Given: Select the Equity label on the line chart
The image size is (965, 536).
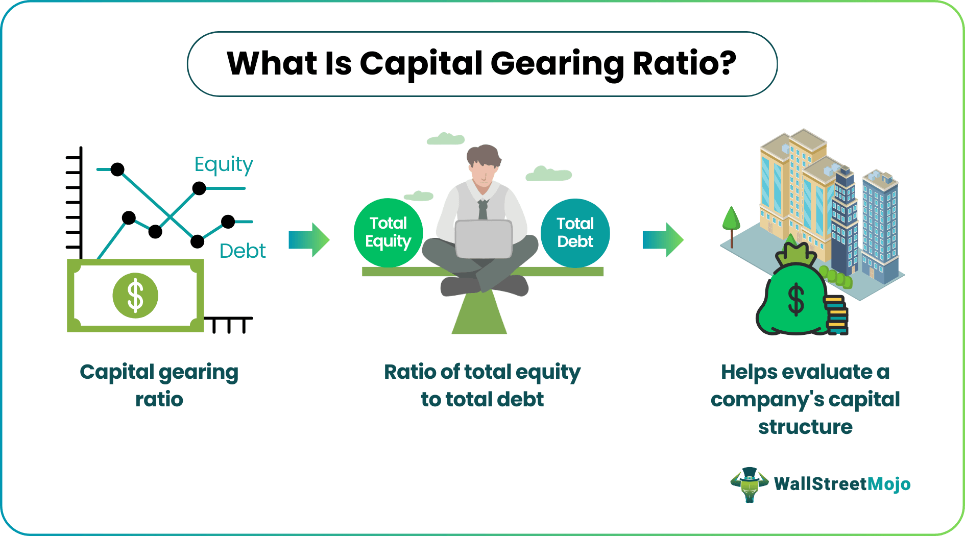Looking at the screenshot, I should tap(224, 164).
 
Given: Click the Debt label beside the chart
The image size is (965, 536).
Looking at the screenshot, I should tap(243, 251).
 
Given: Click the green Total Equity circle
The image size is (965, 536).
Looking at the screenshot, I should tap(388, 232).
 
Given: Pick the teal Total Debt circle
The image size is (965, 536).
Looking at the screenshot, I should tap(575, 233).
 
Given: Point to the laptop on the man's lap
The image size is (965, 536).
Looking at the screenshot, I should tap(483, 239).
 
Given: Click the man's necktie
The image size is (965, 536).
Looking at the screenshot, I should tap(482, 209).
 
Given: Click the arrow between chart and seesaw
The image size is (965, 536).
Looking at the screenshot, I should tap(309, 239).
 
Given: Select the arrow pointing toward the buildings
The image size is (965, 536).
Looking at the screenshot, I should tap(663, 239).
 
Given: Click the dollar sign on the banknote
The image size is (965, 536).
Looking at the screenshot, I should tap(135, 296).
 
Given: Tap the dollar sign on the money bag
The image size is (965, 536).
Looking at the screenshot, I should tap(796, 300).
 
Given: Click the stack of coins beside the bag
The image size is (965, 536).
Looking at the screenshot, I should tap(836, 315).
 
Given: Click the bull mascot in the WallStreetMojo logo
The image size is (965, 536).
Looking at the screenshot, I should tap(750, 484).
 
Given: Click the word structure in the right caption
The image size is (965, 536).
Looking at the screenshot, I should tap(805, 427).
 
